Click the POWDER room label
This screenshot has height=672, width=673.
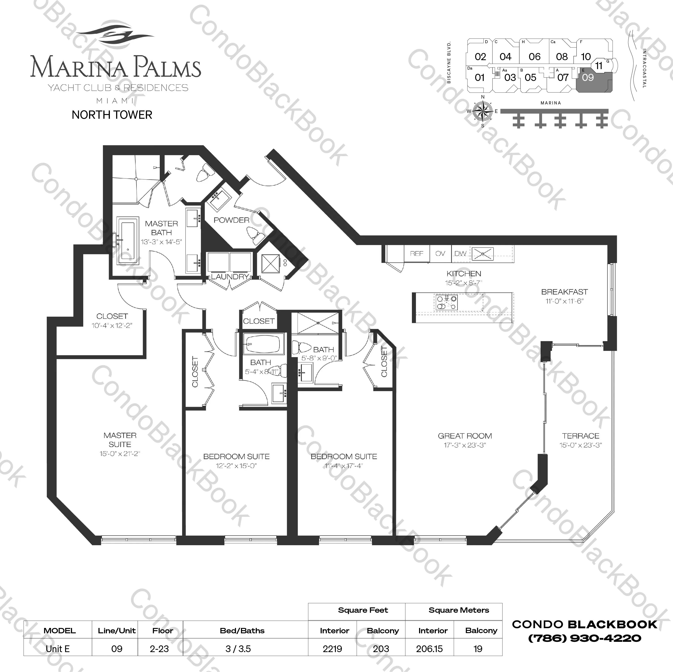(x=231, y=220)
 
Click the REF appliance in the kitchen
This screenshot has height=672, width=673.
(x=417, y=253)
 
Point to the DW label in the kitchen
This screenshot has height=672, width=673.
(x=460, y=253)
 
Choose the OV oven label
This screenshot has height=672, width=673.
(x=440, y=253)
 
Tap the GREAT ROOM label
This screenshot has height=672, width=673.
(x=465, y=436)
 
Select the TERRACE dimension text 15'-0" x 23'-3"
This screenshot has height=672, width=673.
(x=581, y=445)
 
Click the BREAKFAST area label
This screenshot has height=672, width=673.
(x=564, y=292)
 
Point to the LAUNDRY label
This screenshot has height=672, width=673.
(x=230, y=276)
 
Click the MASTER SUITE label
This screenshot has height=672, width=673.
(x=120, y=440)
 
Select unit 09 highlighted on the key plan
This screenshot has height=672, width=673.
(x=588, y=78)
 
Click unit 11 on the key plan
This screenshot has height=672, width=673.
(x=598, y=66)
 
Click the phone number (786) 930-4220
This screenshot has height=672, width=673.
(x=585, y=638)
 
